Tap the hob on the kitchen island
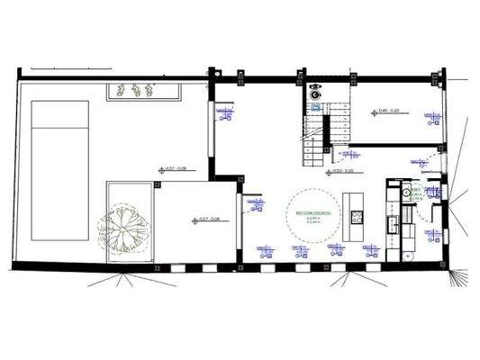pyautogui.click(x=358, y=215)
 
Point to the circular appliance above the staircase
pyautogui.click(x=314, y=92)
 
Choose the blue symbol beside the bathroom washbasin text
pyautogui.click(x=434, y=192)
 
